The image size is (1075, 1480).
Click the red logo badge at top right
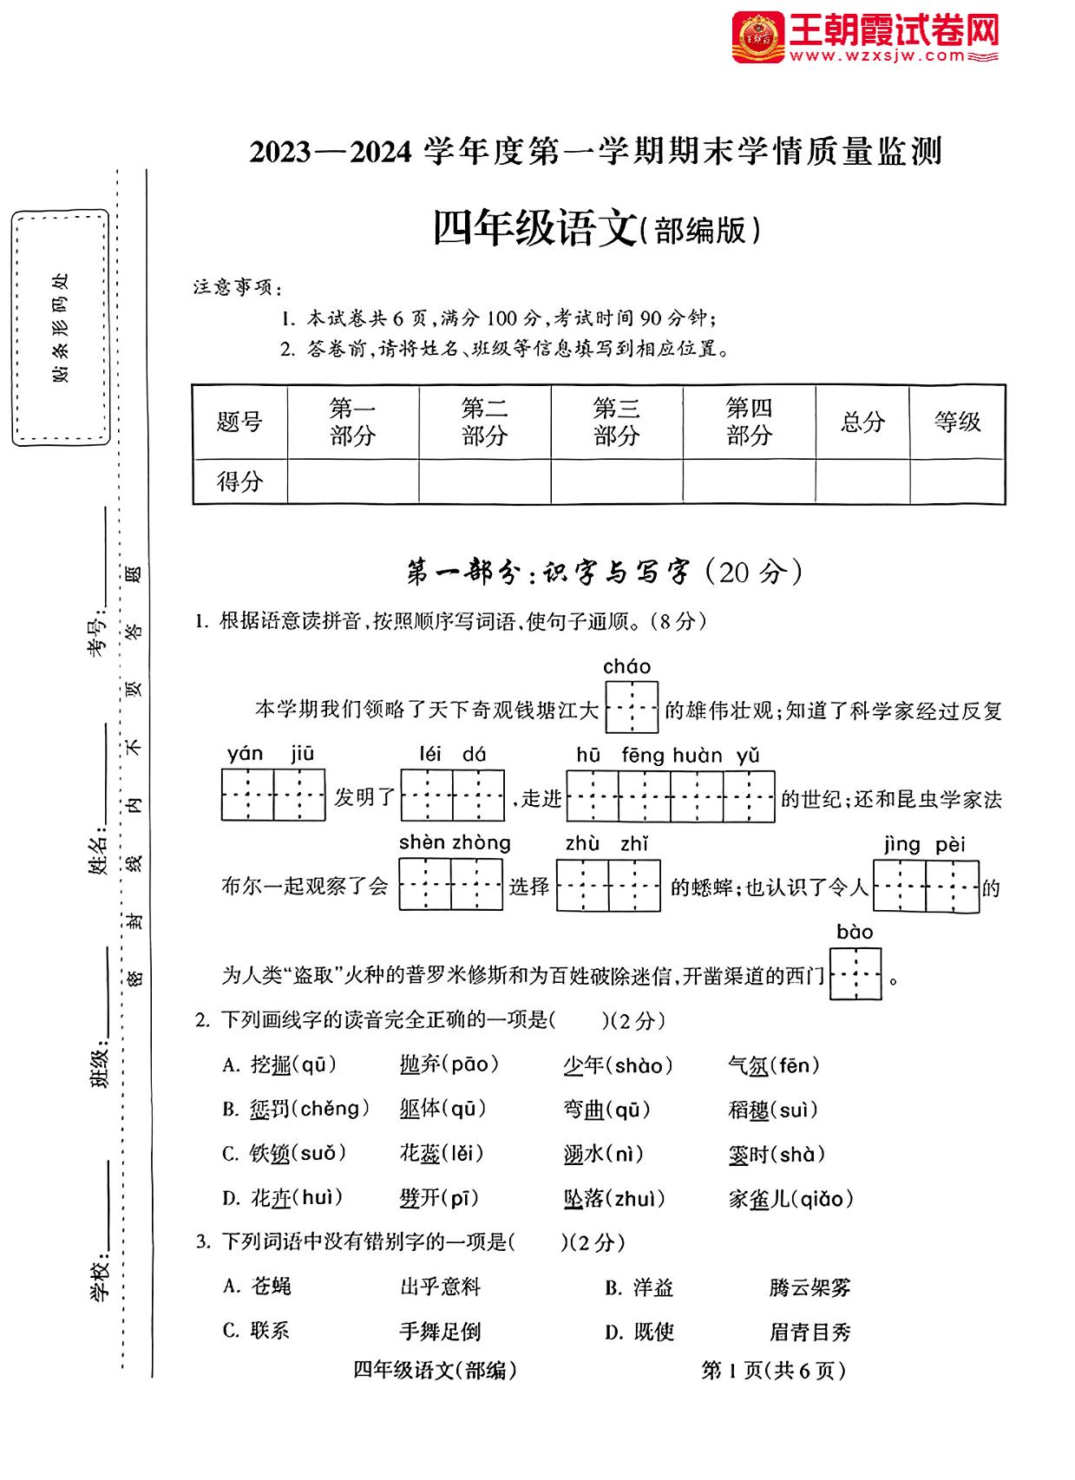pos(758,37)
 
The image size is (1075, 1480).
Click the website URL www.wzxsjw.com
pos(877,56)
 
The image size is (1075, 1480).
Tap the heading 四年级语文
pos(534,229)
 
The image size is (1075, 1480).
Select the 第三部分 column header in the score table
pos(616,422)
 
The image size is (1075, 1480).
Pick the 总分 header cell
pos(862,422)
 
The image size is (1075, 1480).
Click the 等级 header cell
pos(957,422)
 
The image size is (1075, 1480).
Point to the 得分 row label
pos(239,481)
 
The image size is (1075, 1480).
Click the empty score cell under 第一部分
pos(352,481)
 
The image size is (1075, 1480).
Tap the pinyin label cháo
pos(626,666)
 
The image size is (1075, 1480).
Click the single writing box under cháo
pos(632,708)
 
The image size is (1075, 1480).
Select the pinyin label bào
pos(855,932)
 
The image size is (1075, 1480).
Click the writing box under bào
pos(855,974)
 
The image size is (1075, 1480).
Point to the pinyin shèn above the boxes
pos(422,842)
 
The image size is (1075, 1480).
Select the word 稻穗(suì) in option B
pos(773,1110)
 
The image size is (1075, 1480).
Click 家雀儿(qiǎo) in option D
pos(790,1199)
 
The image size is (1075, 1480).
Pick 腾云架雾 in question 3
pos(810,1287)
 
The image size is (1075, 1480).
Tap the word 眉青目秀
pos(810,1332)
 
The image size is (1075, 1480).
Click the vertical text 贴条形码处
pos(60,327)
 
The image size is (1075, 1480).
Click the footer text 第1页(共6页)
pos(773,1370)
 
